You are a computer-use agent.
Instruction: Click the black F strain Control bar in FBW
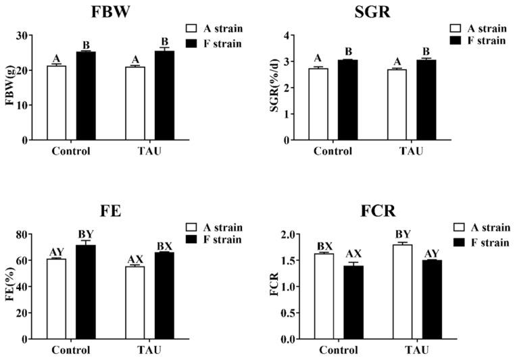(85, 95)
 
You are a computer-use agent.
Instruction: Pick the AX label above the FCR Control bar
(353, 254)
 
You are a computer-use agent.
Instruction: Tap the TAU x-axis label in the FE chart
(145, 350)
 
